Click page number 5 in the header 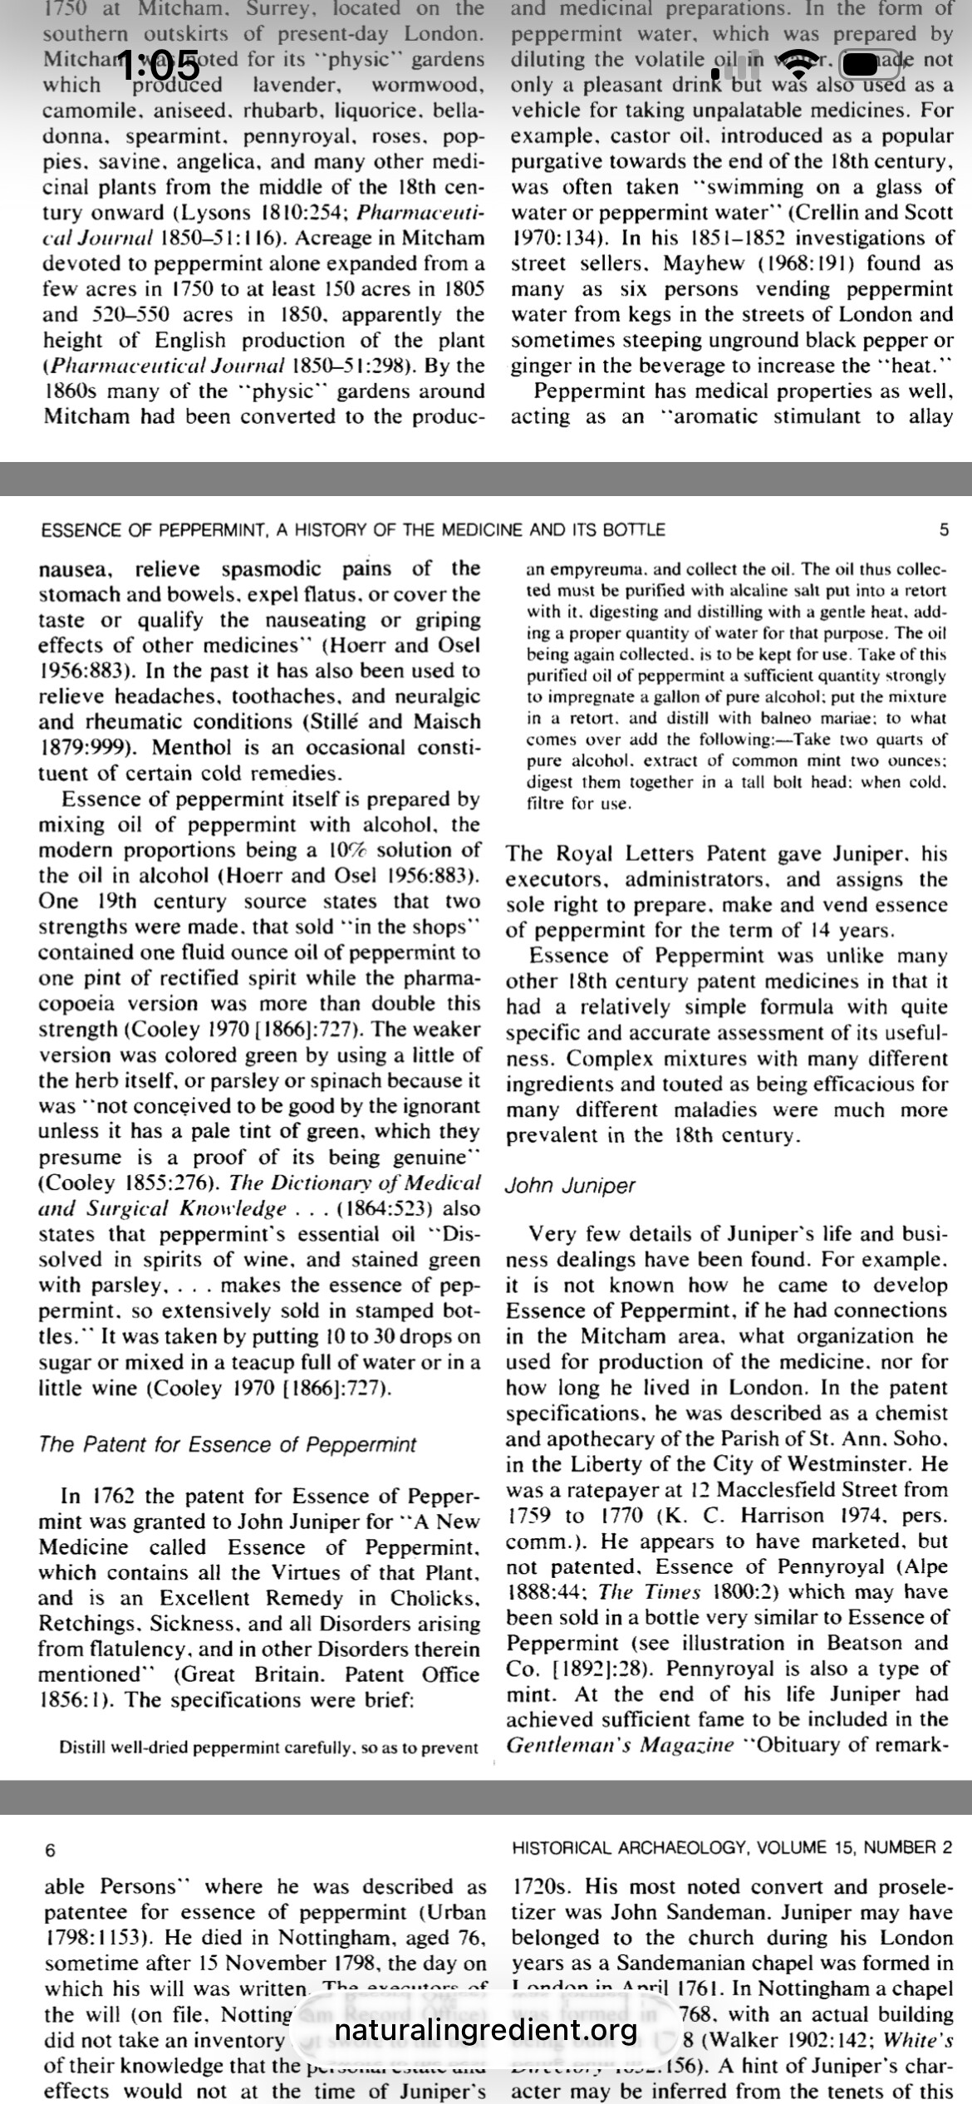pos(943,529)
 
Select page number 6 pos(50,1851)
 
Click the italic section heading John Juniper pos(569,1186)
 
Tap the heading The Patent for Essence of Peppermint pos(227,1444)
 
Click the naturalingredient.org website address pos(485,2030)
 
